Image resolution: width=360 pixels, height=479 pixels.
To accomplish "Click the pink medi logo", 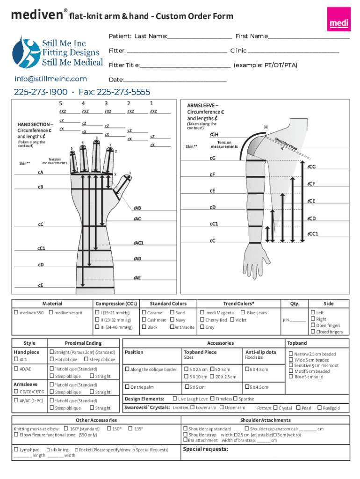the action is tap(338, 19).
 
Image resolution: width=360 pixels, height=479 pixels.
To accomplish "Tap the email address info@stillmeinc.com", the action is tap(50, 79).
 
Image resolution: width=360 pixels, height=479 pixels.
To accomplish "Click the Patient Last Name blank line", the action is tap(199, 38).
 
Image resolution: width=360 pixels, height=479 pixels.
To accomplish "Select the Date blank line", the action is tap(175, 81).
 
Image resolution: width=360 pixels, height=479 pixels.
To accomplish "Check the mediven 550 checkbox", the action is tap(16, 312).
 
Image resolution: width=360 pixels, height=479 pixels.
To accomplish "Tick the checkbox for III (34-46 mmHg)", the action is tap(97, 327).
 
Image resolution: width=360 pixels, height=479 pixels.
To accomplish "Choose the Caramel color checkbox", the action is tap(144, 312).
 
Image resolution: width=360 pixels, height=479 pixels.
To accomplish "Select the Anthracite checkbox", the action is tap(172, 327).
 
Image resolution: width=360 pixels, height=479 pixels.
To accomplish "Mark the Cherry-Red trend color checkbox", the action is tap(202, 319).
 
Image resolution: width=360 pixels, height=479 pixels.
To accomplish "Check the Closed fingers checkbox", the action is tap(313, 332).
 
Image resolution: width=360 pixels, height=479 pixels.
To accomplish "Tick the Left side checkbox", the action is tap(313, 312).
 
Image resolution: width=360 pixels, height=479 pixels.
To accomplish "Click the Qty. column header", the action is tap(295, 304).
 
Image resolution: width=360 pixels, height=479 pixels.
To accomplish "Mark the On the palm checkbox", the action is tap(127, 387).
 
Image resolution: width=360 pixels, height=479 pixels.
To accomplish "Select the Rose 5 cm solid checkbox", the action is tap(291, 377).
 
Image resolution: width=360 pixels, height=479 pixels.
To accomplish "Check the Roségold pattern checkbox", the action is tap(319, 407).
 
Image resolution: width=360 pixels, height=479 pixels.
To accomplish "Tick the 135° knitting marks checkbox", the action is tap(130, 428).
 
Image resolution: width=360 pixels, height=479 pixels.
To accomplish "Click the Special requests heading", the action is tap(206, 449).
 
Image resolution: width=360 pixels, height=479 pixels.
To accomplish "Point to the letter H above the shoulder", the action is tap(266, 127).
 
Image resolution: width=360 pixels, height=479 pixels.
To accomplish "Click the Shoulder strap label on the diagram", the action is tap(286, 143).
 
